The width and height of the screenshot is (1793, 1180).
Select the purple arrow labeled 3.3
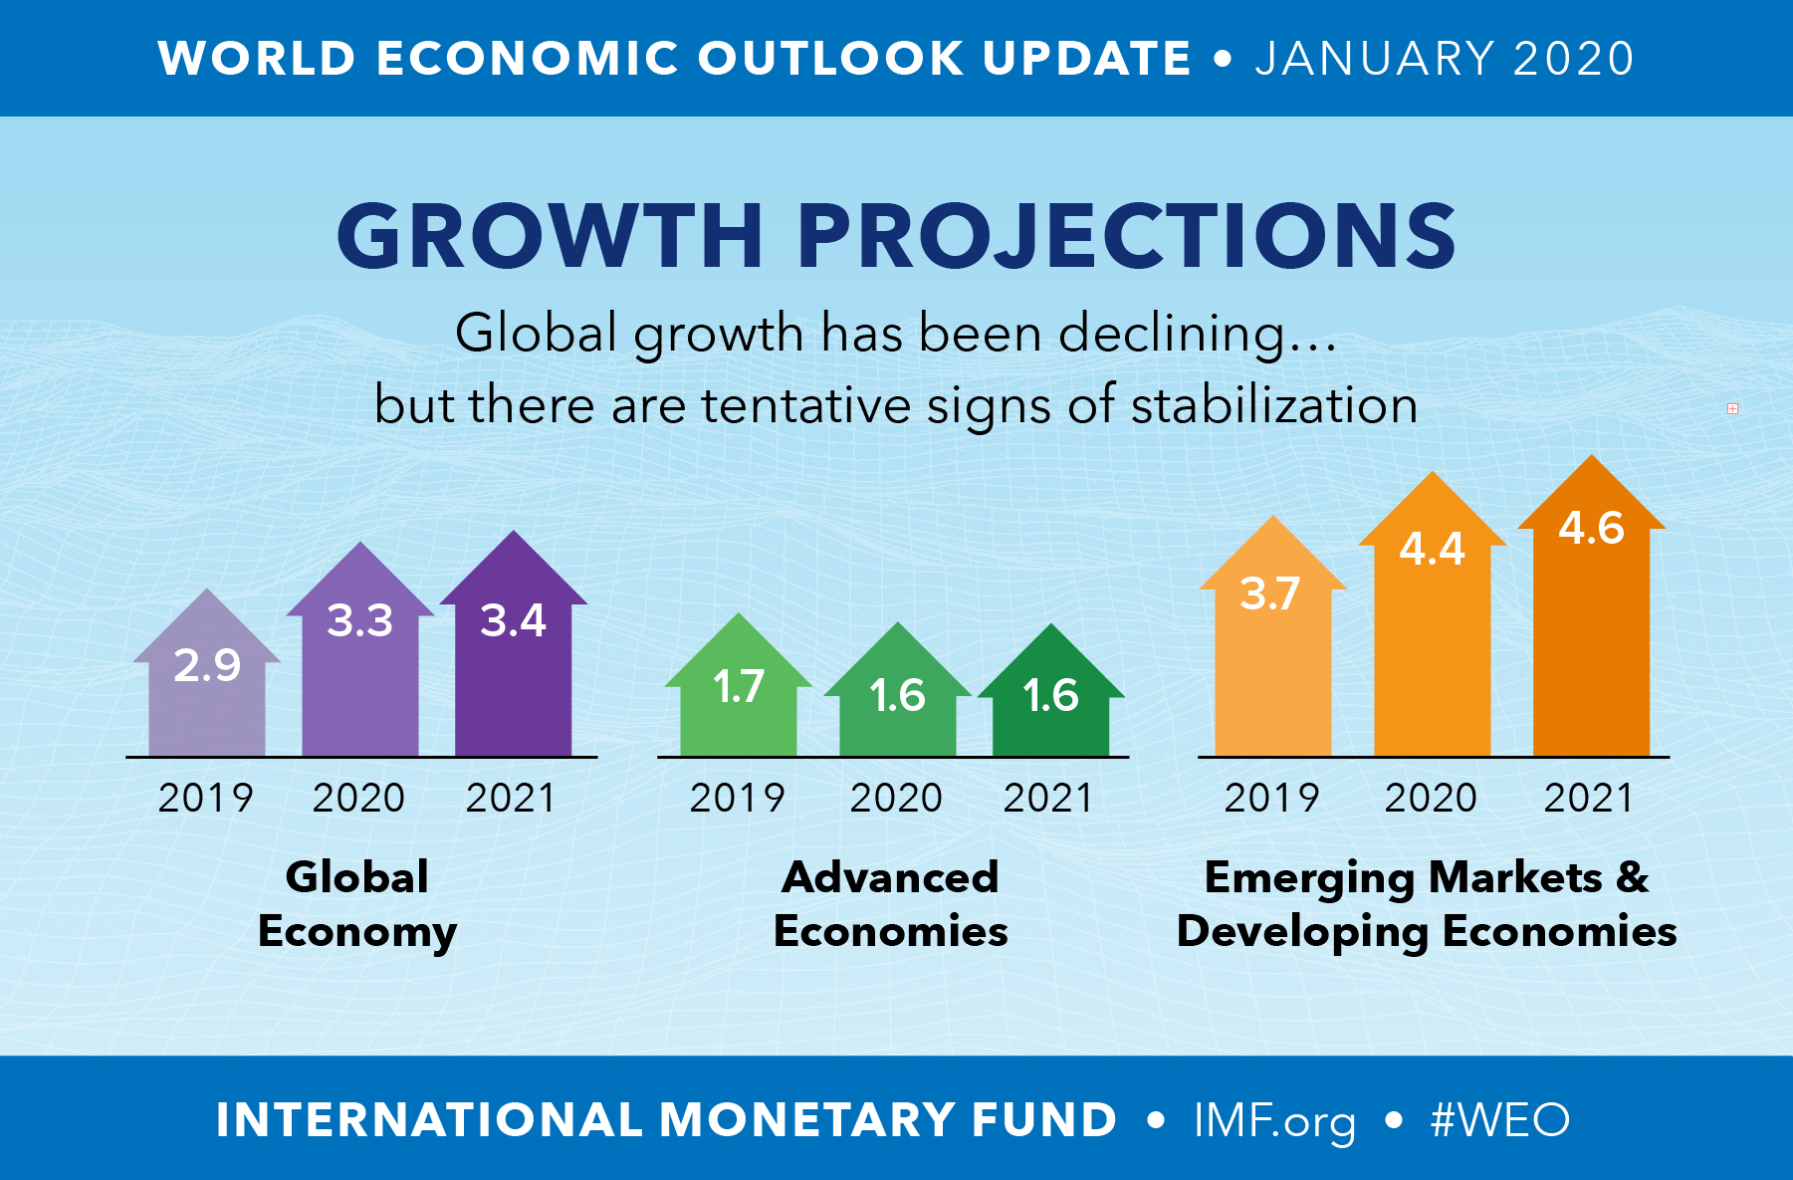tap(360, 657)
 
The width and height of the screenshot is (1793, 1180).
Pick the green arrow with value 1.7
tap(739, 697)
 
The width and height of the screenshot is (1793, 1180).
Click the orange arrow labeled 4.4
tap(1432, 617)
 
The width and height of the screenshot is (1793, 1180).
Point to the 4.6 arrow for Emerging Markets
tap(1591, 607)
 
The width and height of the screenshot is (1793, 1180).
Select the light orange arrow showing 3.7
tap(1272, 647)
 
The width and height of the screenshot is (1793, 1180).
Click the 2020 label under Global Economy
tap(358, 798)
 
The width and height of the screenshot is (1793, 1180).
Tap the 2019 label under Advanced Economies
tap(737, 798)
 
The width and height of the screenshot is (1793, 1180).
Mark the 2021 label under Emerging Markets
tap(1589, 798)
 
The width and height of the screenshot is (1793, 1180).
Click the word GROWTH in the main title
tap(550, 236)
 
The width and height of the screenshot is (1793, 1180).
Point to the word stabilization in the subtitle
tap(1274, 405)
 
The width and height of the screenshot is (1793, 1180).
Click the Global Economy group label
tap(357, 904)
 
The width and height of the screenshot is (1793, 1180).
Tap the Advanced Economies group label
tap(891, 904)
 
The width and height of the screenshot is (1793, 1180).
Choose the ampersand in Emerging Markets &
tap(1633, 877)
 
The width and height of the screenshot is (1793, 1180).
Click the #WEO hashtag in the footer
tap(1500, 1119)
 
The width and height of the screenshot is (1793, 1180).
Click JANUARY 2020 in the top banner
tap(1445, 58)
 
